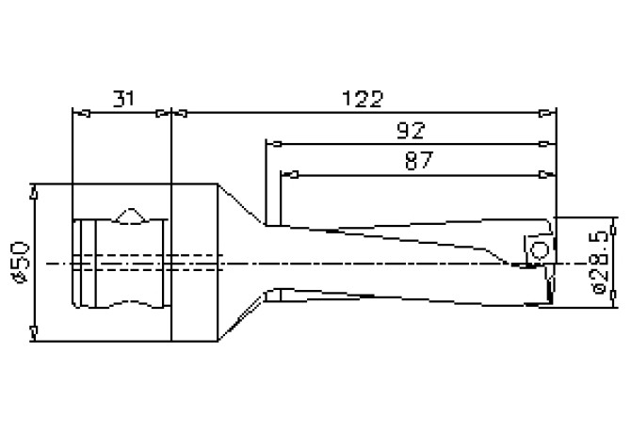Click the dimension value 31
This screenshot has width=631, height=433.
coord(123,99)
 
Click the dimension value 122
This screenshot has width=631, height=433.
coord(363,99)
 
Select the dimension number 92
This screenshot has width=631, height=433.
coord(411,130)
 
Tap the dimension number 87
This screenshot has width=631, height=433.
coord(419,161)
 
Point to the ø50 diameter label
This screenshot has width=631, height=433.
coord(22,262)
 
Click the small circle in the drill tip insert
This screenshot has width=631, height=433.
coord(540,250)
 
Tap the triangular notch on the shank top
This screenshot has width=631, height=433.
coord(131,216)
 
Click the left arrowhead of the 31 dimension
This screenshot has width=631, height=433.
coord(81,113)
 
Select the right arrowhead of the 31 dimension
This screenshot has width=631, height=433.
coord(163,113)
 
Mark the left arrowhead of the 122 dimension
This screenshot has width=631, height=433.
coord(180,113)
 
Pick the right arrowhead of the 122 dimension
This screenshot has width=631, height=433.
coord(547,113)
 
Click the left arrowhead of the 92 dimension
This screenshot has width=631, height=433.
coord(274,143)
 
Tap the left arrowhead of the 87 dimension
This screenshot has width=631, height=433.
coord(289,174)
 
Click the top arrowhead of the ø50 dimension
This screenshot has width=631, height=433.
coord(34,192)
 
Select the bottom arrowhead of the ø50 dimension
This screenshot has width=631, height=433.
coord(34,333)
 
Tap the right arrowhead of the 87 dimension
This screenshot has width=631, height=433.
coord(547,174)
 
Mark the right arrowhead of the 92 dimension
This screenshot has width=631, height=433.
coord(547,143)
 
